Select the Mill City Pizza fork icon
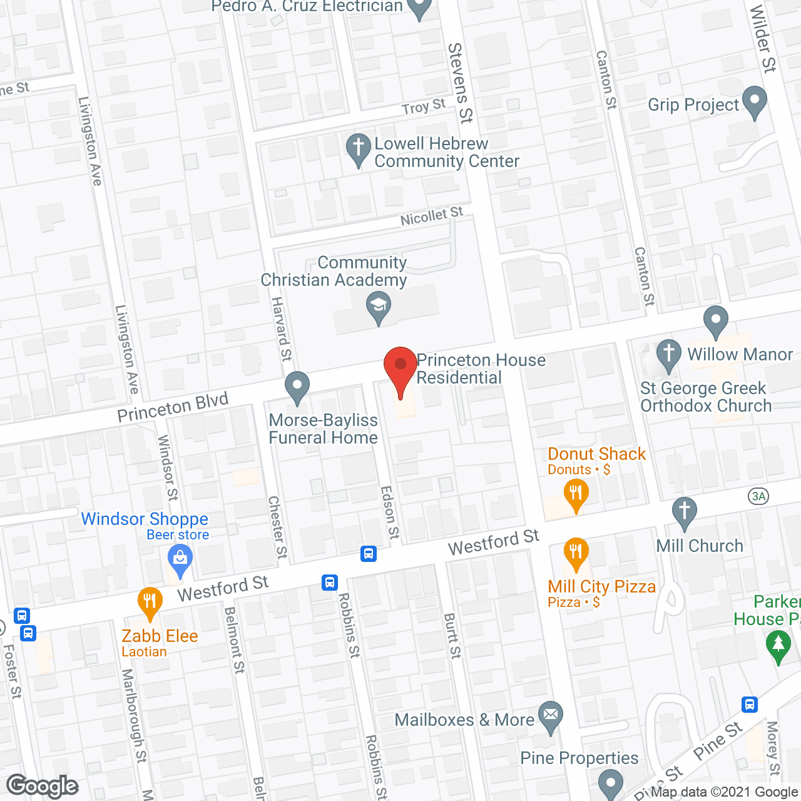click(x=576, y=553)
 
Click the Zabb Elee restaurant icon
click(x=150, y=602)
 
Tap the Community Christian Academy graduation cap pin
click(x=379, y=308)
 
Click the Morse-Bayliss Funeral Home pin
click(x=297, y=387)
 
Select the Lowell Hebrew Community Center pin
click(x=358, y=150)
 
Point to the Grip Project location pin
click(x=754, y=103)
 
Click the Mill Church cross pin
click(x=685, y=512)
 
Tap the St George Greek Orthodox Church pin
click(x=668, y=355)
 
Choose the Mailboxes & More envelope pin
click(x=551, y=717)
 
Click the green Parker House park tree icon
click(x=778, y=646)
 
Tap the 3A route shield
click(x=758, y=497)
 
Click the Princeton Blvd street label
click(x=173, y=407)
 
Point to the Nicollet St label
click(x=432, y=217)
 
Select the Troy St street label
click(x=424, y=107)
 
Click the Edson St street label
click(x=389, y=512)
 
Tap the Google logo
click(x=43, y=786)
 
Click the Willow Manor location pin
click(x=716, y=321)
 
